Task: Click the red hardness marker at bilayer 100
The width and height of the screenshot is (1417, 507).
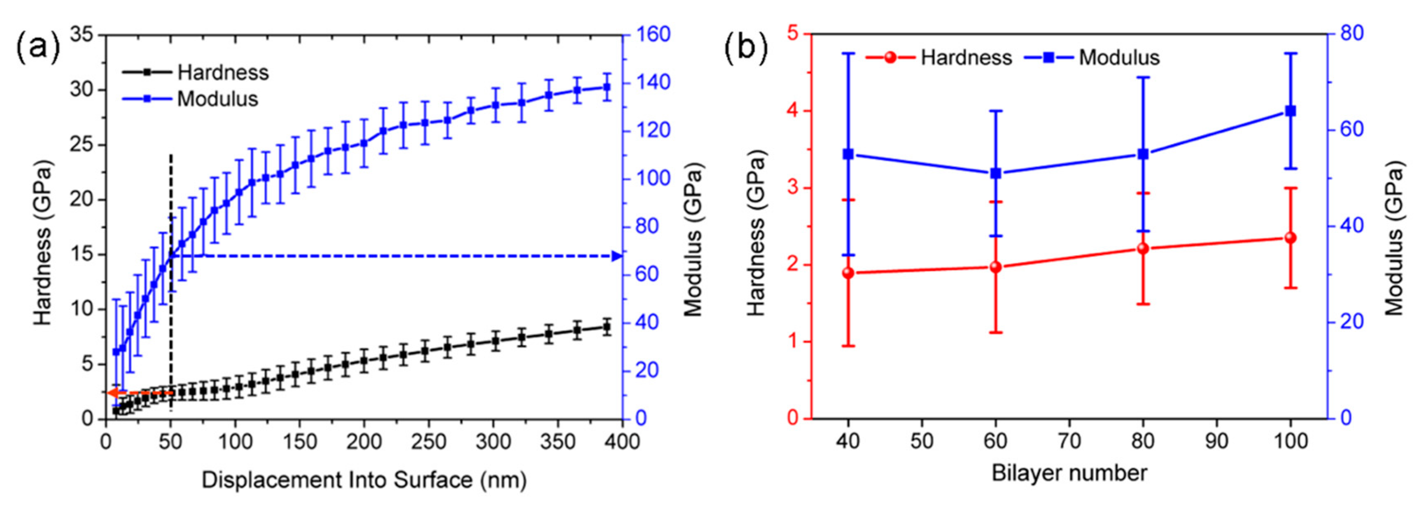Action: [x=1291, y=237]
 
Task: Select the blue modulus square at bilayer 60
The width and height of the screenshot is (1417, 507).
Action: [x=996, y=174]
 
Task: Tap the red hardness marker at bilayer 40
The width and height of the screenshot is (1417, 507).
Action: [x=848, y=273]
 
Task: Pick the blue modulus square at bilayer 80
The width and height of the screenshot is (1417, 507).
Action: [x=1143, y=154]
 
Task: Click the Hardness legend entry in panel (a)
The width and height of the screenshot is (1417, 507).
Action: [x=222, y=72]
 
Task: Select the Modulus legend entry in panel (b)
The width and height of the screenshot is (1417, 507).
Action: [x=1119, y=57]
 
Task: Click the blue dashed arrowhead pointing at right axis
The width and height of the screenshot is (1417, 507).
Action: [x=617, y=256]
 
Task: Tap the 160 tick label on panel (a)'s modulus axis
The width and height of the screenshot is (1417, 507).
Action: [x=654, y=35]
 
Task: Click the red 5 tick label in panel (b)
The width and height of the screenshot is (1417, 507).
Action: [x=793, y=34]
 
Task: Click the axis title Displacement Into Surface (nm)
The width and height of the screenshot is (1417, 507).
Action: [x=364, y=480]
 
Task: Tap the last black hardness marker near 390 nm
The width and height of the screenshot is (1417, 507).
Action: [x=607, y=327]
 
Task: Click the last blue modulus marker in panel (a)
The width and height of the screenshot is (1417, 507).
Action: [x=607, y=87]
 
